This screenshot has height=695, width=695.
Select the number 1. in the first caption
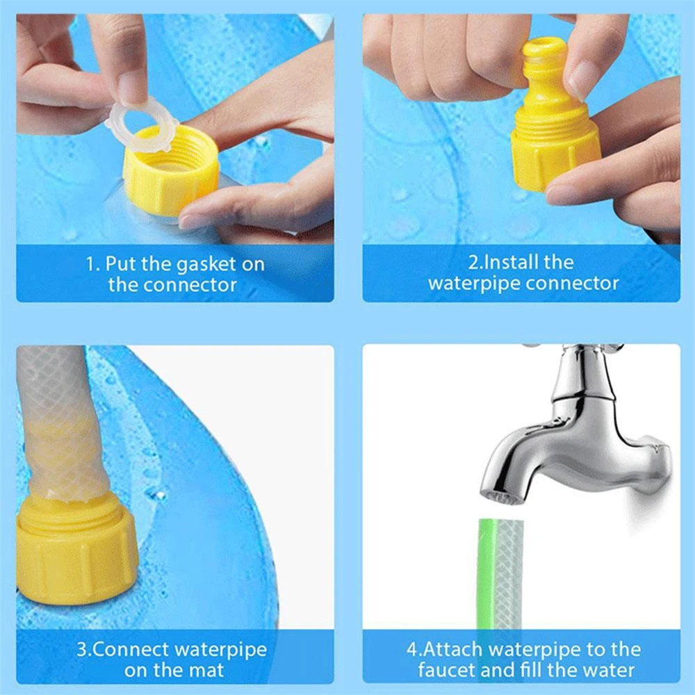point(93,264)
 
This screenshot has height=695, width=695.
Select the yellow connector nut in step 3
point(76,549)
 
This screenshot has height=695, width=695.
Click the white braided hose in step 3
point(59,417)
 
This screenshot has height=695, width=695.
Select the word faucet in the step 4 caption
point(449,671)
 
